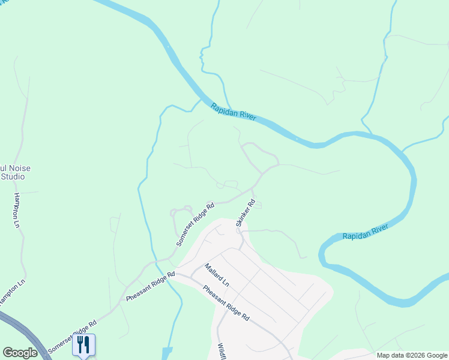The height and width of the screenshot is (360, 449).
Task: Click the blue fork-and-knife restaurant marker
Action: pos(83,344)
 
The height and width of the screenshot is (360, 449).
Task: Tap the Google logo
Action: pos(20,353)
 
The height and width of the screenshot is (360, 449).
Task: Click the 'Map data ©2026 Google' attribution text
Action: pos(411,355)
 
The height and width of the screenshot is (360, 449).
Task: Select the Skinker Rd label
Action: pos(246,213)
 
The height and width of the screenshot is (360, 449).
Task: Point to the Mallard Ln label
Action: pos(217,274)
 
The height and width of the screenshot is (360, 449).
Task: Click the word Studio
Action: pos(13,176)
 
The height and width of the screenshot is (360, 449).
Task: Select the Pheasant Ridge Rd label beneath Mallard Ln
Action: pos(226,303)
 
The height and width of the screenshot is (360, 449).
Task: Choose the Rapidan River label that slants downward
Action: pos(234,112)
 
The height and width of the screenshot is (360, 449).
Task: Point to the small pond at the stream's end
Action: pos(166,352)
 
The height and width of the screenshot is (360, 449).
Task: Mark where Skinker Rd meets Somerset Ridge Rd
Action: pos(252,190)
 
